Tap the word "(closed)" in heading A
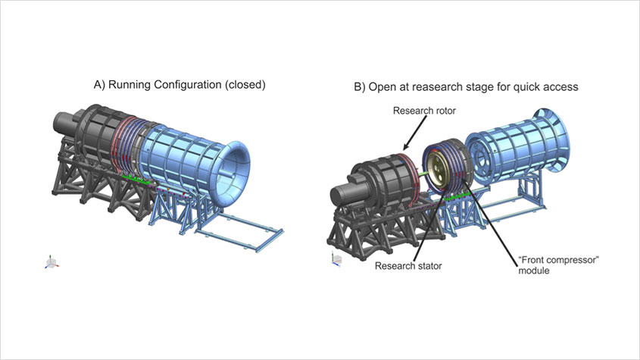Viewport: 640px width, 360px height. click(245, 85)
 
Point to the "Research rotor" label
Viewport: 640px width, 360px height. click(424, 111)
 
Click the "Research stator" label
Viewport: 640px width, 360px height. click(408, 266)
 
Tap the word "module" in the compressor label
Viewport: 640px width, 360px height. click(534, 271)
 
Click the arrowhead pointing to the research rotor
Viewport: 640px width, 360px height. click(406, 146)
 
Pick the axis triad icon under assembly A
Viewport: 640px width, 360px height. click(52, 262)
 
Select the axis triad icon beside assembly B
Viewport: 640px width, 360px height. click(336, 259)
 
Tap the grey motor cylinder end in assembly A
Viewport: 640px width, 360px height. click(64, 123)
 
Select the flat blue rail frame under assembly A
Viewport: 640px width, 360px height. click(239, 230)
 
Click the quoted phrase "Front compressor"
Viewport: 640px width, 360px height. click(558, 260)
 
